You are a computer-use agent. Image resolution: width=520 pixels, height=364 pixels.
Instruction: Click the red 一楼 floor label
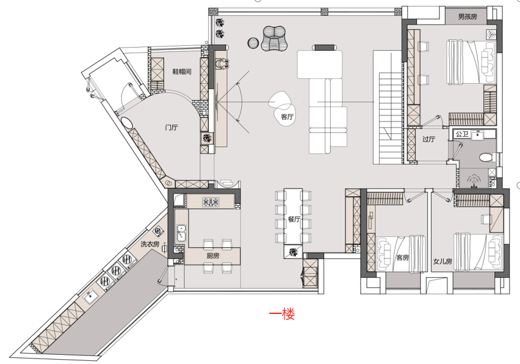281,315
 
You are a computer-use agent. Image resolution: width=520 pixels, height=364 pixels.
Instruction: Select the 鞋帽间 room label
182,71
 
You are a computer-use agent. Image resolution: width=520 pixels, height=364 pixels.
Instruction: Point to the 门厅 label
172,128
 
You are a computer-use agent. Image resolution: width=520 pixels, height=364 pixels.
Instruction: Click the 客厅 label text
287,116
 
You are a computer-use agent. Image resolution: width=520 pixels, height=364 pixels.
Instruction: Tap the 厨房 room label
212,256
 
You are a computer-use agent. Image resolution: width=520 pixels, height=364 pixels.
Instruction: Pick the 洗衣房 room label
150,244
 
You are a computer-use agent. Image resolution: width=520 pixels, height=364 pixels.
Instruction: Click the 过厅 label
428,139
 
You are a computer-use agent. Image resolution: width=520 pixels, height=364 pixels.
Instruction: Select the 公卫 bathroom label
461,134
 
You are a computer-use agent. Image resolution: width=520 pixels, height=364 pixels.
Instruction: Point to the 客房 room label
403,258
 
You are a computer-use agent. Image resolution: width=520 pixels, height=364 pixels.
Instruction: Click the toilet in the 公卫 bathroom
486,157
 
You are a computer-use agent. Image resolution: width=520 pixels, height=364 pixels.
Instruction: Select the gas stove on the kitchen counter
211,202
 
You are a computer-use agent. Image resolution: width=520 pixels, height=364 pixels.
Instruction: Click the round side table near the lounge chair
253,42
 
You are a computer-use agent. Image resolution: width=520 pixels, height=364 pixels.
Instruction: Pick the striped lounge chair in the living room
274,38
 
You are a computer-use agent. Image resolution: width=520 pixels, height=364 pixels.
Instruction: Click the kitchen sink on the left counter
181,233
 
